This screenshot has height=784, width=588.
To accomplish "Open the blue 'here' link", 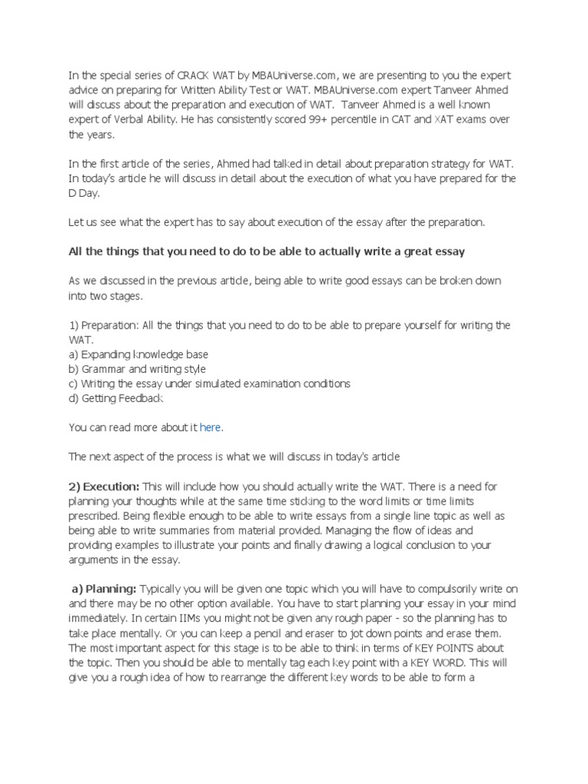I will point(211,426).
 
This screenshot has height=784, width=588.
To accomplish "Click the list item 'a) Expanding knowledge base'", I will point(139,354).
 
